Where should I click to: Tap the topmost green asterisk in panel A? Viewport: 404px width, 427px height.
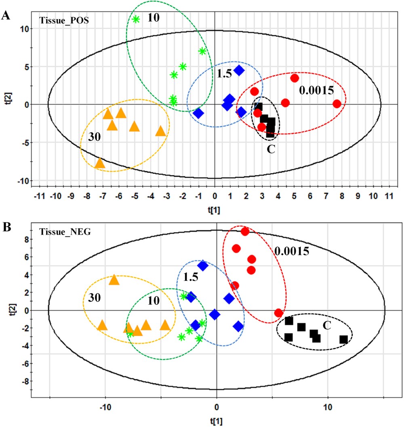(136, 19)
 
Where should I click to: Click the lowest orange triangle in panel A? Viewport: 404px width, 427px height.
(100, 163)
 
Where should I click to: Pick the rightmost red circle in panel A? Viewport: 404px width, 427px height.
(337, 104)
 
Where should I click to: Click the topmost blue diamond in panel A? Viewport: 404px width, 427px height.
(239, 70)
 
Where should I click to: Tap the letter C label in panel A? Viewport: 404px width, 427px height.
(271, 149)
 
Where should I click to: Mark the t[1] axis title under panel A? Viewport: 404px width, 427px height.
(214, 210)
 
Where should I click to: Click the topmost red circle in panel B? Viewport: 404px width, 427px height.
(244, 231)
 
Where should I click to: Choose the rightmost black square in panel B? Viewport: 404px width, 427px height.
(343, 339)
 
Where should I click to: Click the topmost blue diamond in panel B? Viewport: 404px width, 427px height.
(202, 265)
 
